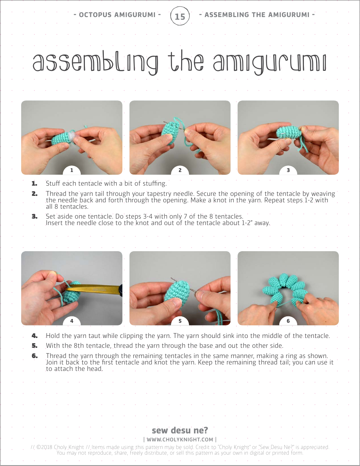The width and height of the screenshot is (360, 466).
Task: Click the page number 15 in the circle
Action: click(x=180, y=16)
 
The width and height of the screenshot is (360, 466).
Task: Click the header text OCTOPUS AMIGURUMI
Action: click(x=117, y=15)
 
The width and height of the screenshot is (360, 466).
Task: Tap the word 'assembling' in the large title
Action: click(x=95, y=63)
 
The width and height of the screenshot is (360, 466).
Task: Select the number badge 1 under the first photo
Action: click(x=72, y=170)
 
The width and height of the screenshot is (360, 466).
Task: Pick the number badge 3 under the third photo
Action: click(x=288, y=170)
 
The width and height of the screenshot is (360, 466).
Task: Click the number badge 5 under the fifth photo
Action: click(x=180, y=321)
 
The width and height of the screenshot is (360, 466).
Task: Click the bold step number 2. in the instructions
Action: click(x=34, y=194)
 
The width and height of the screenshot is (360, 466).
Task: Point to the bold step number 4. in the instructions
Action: click(x=34, y=336)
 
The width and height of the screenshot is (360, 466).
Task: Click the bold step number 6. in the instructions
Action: click(x=34, y=356)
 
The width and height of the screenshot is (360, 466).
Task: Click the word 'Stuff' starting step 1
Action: click(x=53, y=184)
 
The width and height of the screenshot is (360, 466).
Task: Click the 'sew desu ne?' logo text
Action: click(x=180, y=430)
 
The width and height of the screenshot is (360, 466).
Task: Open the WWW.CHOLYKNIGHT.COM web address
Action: click(x=180, y=439)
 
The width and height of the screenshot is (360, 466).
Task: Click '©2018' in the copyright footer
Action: click(x=44, y=447)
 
